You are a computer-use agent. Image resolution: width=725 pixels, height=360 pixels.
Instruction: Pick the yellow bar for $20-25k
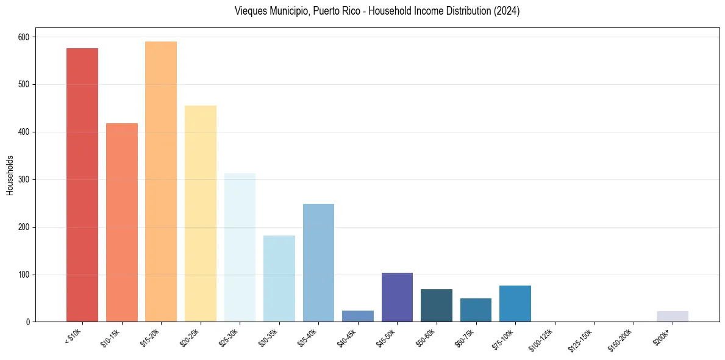(201, 214)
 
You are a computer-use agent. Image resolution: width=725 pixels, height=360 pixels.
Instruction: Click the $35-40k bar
(318, 263)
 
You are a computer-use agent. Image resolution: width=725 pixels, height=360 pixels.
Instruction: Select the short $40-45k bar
(358, 316)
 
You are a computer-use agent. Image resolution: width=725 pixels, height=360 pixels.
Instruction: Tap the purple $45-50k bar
(397, 297)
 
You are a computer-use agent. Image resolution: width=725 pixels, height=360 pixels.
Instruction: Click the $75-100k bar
(515, 304)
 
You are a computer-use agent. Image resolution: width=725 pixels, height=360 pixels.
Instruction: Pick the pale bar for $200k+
(673, 317)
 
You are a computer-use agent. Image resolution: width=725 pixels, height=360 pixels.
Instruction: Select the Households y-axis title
(10, 175)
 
